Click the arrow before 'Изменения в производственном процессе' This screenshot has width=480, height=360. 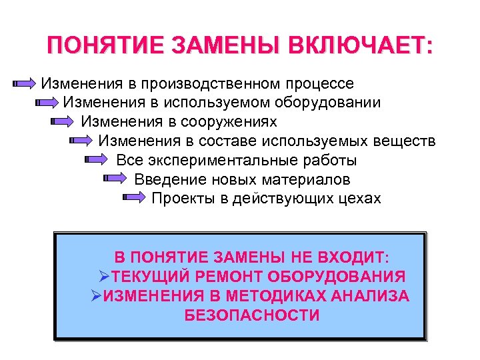pyautogui.click(x=25, y=84)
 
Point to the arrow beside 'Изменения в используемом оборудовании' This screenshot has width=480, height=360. pyautogui.click(x=47, y=103)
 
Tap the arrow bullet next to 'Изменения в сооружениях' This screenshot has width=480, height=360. pyautogui.click(x=65, y=123)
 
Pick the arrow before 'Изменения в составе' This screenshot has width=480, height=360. pyautogui.click(x=82, y=141)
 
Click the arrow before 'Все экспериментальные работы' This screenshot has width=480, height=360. pyautogui.click(x=99, y=161)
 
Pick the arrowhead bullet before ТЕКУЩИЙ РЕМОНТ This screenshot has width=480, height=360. pyautogui.click(x=104, y=277)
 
